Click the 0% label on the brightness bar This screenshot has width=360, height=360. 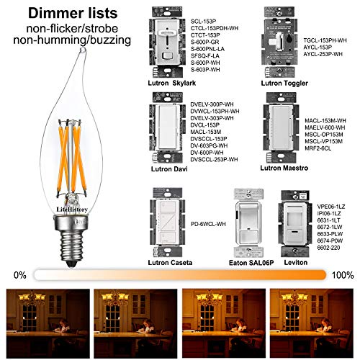tap(20, 274)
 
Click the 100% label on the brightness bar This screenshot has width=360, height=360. tap(343, 274)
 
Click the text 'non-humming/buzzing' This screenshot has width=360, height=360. tap(66, 44)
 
